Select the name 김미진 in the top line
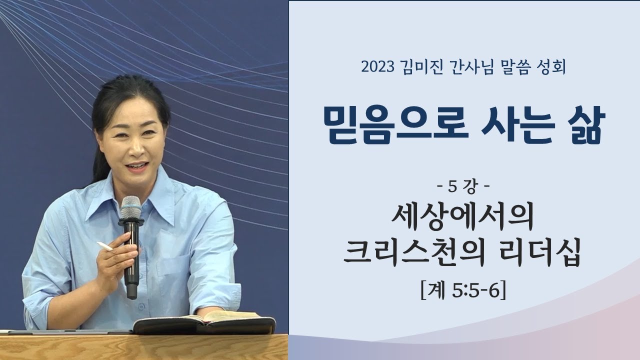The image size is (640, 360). click(420, 66)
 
